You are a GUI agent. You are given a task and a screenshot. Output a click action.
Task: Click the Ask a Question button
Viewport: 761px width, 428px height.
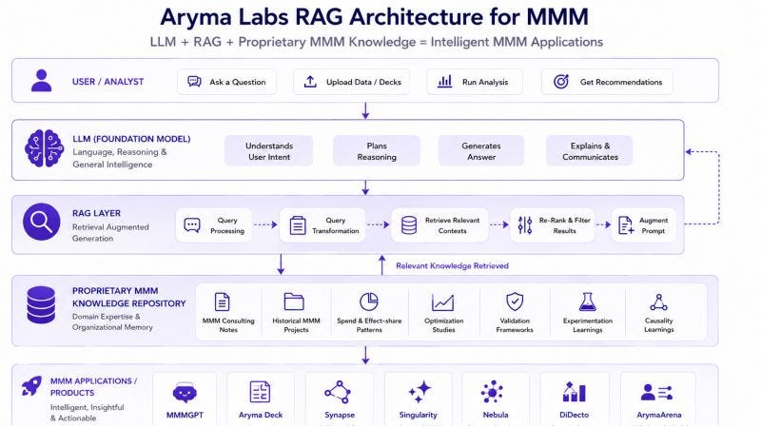pos(226,82)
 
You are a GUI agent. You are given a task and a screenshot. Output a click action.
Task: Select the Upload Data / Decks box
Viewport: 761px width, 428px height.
pos(351,82)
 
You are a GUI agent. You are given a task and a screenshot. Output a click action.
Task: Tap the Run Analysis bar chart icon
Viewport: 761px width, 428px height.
pos(444,81)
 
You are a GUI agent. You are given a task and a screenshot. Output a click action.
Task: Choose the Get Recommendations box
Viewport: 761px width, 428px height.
pos(607,82)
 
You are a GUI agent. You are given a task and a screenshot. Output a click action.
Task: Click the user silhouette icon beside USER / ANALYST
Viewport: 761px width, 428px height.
pos(41,81)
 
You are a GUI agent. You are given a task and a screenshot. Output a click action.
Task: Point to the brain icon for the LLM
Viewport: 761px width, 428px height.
pos(44,148)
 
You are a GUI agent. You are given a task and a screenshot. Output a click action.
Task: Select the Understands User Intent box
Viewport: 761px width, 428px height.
pos(269,151)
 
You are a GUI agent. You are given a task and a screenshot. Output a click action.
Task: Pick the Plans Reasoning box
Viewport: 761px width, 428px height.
pos(377,151)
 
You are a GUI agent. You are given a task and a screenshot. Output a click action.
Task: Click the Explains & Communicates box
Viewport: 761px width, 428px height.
pos(590,151)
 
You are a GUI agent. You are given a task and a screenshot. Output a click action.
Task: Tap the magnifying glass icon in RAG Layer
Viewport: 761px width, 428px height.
pos(42,222)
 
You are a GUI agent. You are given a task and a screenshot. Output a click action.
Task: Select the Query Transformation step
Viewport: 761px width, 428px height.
pos(322,225)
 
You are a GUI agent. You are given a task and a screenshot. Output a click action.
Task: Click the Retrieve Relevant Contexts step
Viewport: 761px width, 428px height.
pos(439,225)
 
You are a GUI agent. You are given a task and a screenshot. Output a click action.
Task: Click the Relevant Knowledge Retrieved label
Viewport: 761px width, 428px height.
pos(453,266)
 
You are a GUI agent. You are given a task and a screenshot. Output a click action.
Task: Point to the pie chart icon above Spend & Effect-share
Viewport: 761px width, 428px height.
pos(369,302)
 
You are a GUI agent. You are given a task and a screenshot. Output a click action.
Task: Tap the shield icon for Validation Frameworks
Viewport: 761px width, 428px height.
pos(515,302)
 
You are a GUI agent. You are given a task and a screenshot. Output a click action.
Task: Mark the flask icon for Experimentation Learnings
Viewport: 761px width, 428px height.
pos(587,302)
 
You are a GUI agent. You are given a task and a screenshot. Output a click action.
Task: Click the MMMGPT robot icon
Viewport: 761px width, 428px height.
pos(185,393)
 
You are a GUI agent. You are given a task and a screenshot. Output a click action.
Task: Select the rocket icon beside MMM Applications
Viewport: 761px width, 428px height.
pos(32,386)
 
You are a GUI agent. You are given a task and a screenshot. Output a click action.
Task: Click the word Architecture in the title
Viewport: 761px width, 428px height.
pos(416,17)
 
